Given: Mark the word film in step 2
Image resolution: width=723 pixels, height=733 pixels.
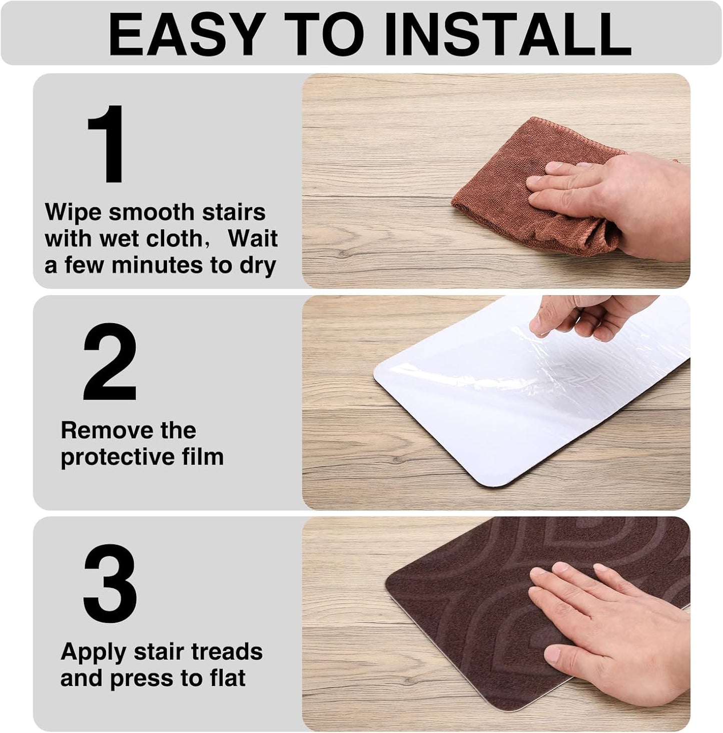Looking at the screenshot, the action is (203, 456).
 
